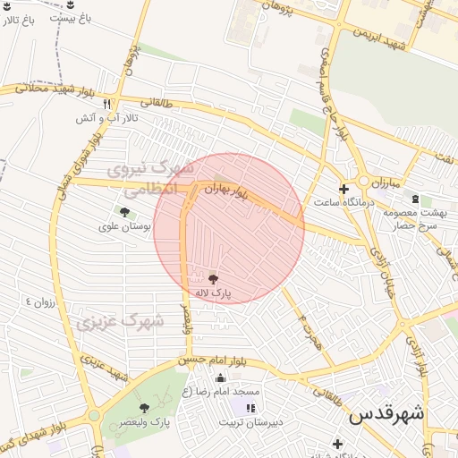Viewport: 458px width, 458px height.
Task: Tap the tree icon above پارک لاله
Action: pyautogui.click(x=213, y=279)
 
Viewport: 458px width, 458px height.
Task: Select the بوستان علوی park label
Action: pyautogui.click(x=126, y=227)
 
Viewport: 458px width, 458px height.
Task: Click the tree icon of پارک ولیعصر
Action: pyautogui.click(x=144, y=408)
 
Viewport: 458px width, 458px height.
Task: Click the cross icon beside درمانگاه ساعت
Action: pyautogui.click(x=343, y=189)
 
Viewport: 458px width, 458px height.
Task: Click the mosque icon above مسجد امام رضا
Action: pyautogui.click(x=220, y=377)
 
